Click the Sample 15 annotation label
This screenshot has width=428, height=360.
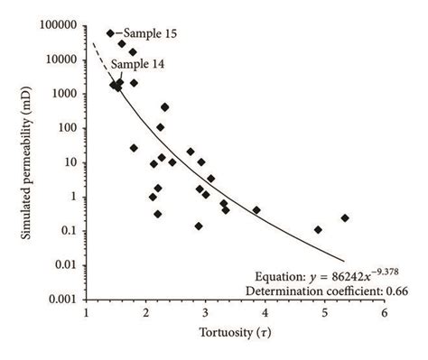click(151, 33)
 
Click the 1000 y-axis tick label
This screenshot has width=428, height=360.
click(65, 93)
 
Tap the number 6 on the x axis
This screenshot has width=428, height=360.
click(385, 313)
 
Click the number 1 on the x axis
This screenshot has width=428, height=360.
click(87, 313)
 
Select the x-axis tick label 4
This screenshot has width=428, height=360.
click(265, 313)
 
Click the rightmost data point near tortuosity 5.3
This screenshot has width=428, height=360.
click(345, 217)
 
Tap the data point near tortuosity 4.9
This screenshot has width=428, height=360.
click(318, 229)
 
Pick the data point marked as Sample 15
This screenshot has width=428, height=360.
click(110, 33)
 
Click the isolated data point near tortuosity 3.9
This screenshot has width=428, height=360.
click(256, 210)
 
